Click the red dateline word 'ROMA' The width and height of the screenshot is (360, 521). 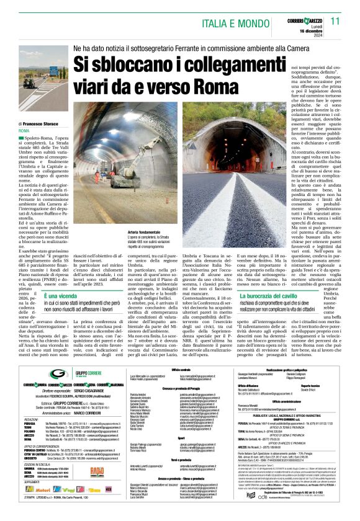[x=24, y=131]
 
